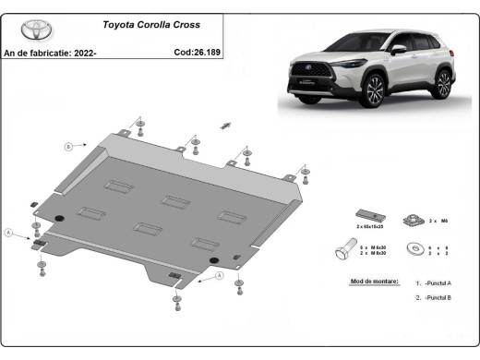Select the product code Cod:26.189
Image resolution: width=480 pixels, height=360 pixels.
196,53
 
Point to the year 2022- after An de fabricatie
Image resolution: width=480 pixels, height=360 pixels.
84,53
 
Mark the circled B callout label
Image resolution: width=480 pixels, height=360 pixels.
68,147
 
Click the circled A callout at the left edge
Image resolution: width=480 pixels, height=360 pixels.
10,233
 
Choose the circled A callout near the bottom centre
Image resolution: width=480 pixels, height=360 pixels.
219,274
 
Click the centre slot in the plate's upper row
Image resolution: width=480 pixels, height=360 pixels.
174,198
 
